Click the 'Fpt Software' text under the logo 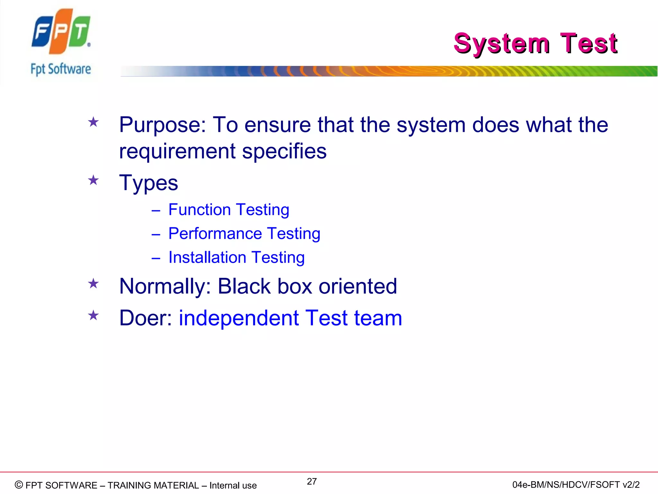[61, 69]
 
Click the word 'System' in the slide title [502, 44]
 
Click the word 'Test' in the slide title [588, 43]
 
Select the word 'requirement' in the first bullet [177, 151]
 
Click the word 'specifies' [284, 151]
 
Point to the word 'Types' [148, 183]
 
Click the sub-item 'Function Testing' [229, 210]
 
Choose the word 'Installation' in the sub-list [207, 258]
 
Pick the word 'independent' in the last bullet [239, 318]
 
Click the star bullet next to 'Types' [93, 180]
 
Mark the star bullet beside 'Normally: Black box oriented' [93, 284]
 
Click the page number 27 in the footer [312, 481]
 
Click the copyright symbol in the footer [19, 485]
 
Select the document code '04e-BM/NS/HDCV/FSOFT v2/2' [576, 485]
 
